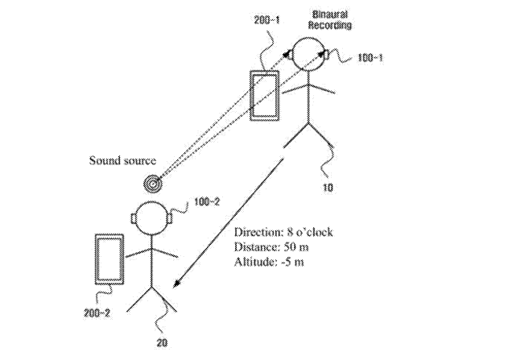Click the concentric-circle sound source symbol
(x=151, y=184)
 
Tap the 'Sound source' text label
(x=122, y=160)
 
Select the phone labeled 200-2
(x=108, y=259)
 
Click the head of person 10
(x=309, y=56)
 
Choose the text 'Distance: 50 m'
(x=272, y=246)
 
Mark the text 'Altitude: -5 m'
(x=271, y=261)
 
